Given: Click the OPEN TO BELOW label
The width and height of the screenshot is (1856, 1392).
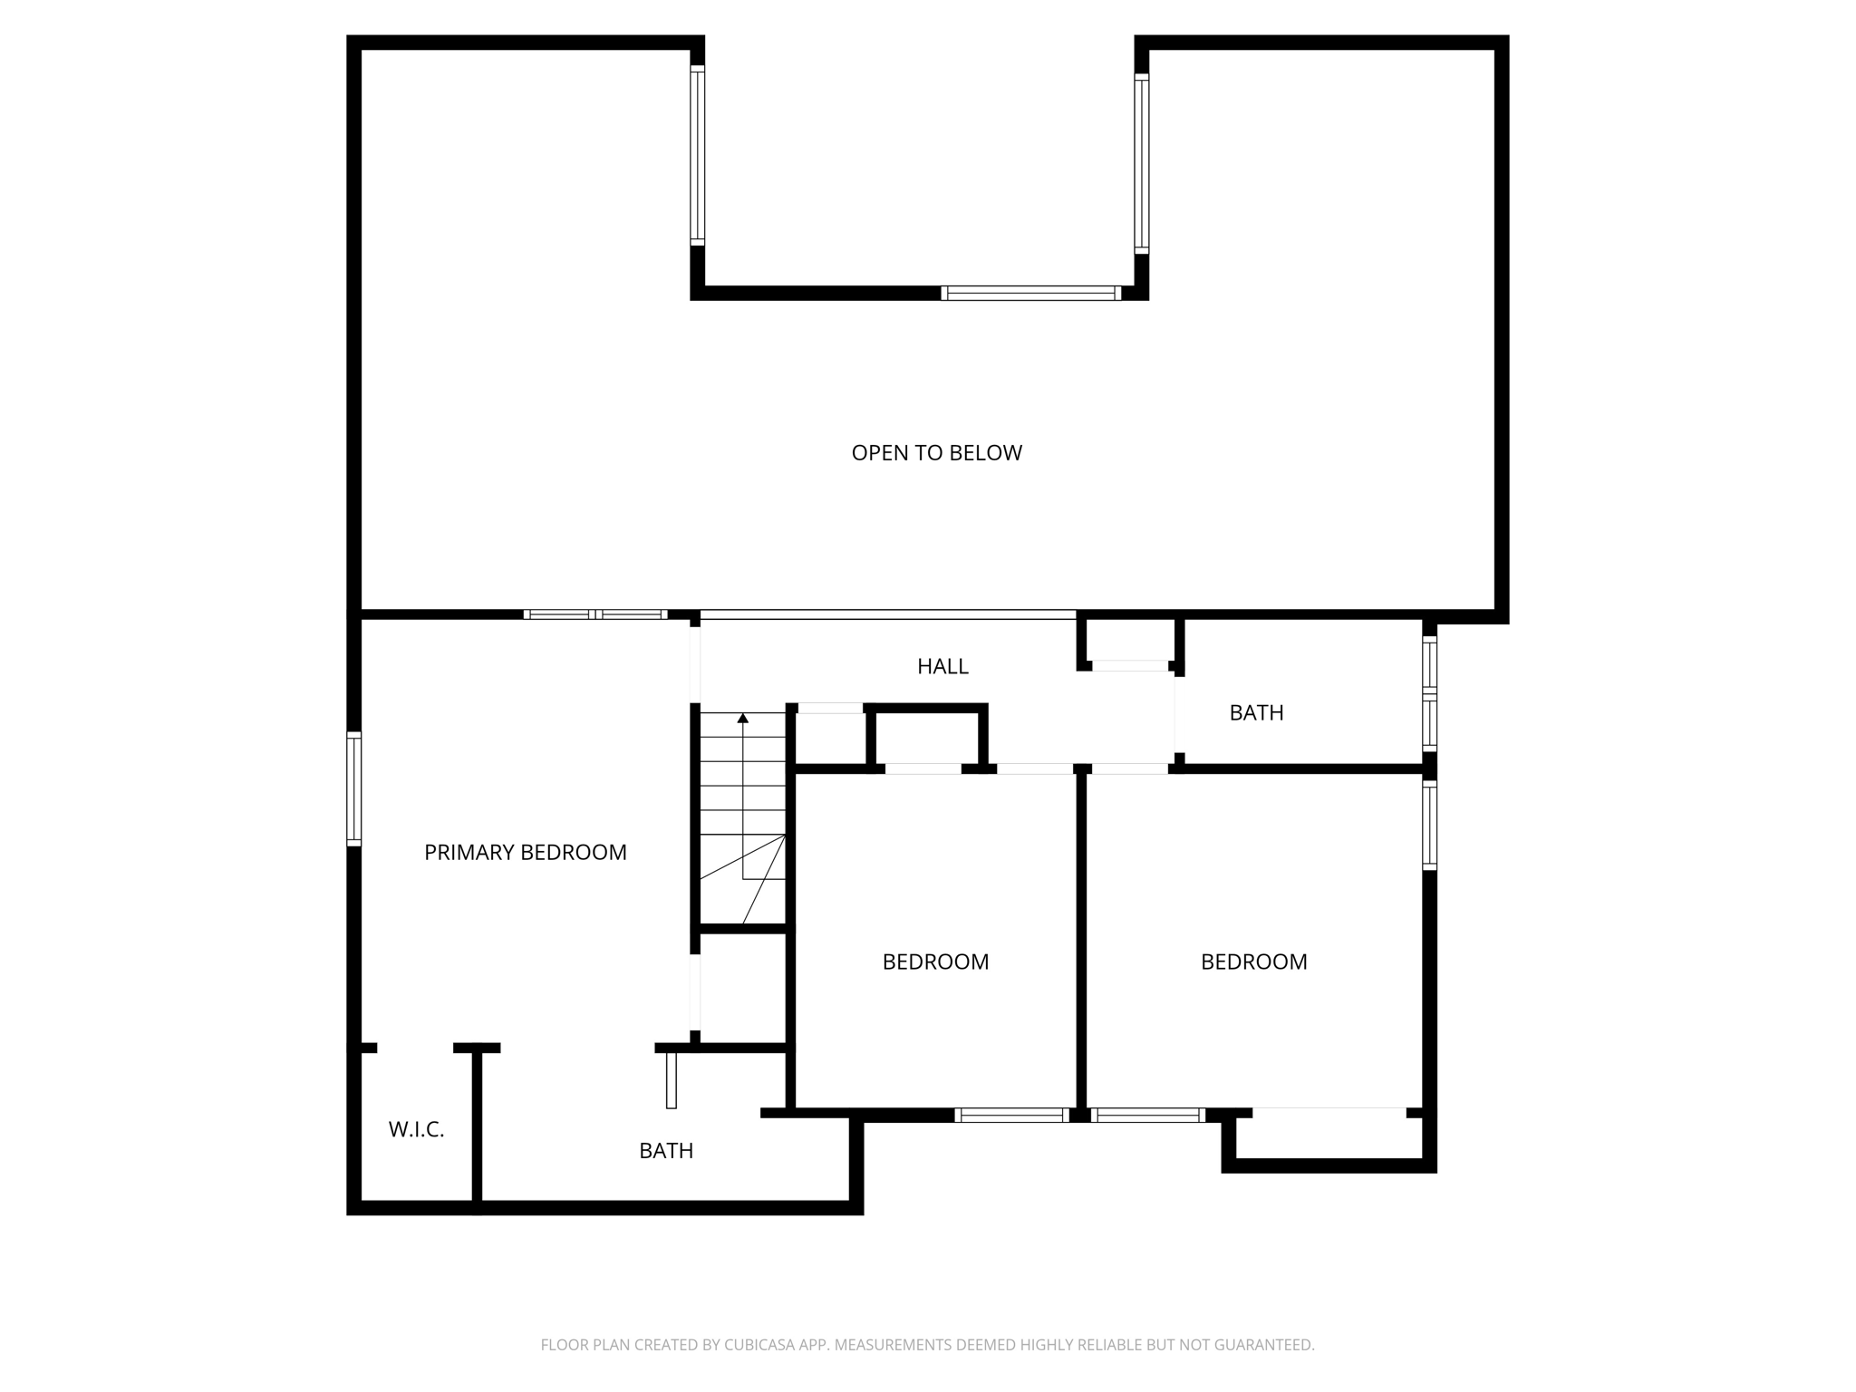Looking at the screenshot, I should click(936, 453).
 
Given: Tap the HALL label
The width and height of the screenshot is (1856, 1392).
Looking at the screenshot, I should click(942, 667).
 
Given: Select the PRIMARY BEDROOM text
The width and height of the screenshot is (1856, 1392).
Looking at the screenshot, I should click(525, 853).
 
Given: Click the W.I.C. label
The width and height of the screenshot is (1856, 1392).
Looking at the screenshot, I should click(416, 1130).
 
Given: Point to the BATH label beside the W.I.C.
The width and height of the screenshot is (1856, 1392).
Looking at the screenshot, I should click(666, 1151).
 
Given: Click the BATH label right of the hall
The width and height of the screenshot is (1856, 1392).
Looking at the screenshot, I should click(1256, 713).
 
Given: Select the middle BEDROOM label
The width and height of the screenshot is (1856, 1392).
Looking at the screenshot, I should click(935, 962).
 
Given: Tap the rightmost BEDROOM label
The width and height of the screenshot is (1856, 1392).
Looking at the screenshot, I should click(1253, 962).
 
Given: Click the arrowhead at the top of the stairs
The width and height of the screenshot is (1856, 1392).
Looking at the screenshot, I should click(743, 719).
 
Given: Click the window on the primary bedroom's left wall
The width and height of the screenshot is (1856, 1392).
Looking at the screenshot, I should click(354, 789).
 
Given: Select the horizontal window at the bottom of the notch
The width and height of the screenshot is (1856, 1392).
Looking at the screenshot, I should click(1030, 293).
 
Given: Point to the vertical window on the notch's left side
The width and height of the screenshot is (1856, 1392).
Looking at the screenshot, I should click(697, 155).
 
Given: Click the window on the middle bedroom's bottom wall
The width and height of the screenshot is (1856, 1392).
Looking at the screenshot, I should click(1011, 1116).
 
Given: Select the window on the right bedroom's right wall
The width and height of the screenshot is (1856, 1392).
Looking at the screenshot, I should click(1429, 825).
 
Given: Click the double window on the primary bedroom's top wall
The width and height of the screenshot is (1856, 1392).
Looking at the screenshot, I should click(595, 614).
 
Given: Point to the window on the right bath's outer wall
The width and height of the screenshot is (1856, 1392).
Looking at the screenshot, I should click(1429, 693).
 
